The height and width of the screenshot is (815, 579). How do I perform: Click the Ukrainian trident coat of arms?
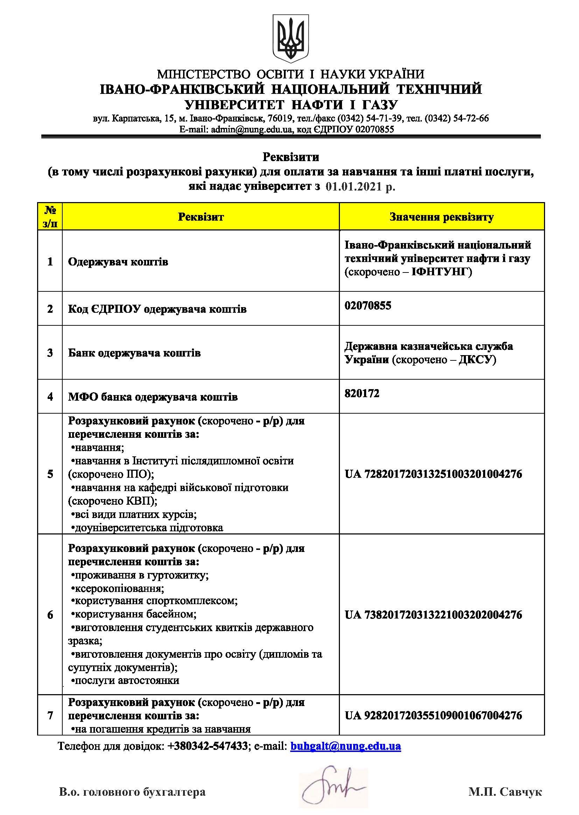[291, 39]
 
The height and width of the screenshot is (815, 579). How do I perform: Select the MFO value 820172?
[362, 393]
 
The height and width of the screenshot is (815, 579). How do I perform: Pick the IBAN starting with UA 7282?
[433, 474]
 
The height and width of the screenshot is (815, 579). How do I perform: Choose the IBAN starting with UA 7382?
[433, 615]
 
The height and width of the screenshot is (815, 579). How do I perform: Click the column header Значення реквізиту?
[441, 217]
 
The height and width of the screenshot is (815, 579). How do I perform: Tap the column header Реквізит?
[201, 217]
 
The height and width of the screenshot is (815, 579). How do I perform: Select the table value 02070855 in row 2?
[368, 306]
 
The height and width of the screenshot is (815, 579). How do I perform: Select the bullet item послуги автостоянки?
[125, 681]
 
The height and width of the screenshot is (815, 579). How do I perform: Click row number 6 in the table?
[50, 615]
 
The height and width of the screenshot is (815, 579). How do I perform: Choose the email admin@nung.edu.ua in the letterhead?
[251, 130]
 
